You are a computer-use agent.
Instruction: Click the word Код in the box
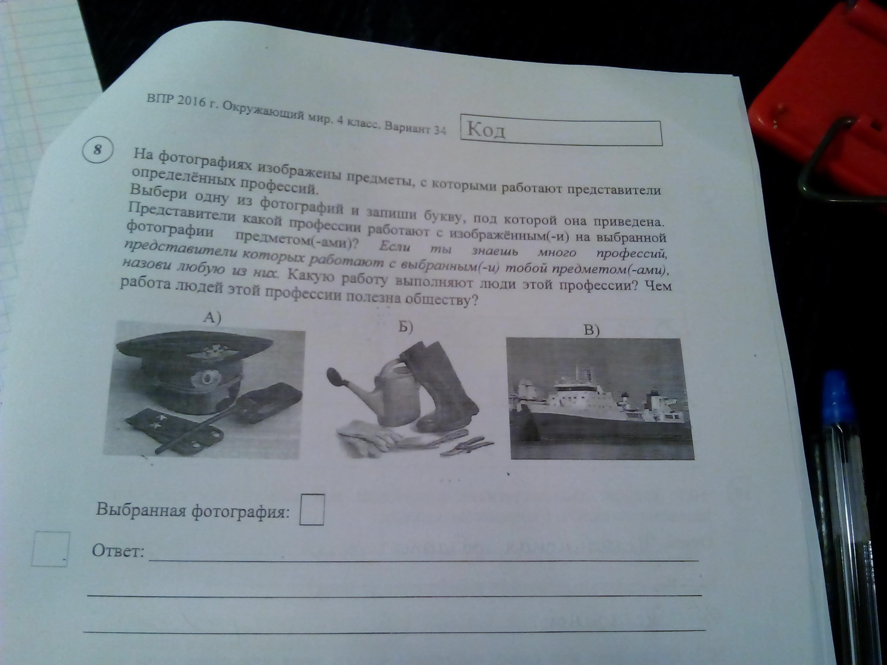(x=486, y=130)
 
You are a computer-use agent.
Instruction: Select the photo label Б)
(x=405, y=327)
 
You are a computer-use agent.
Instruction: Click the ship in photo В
(x=601, y=405)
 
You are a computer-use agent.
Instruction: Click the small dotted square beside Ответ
(x=51, y=549)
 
